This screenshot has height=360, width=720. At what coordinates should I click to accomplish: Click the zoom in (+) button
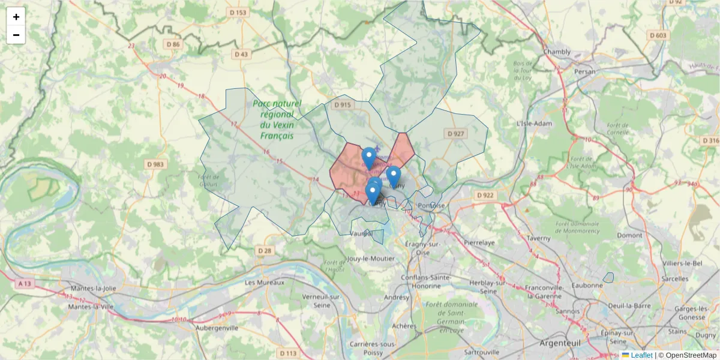(x=16, y=17)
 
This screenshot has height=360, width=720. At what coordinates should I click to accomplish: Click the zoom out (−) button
(x=16, y=35)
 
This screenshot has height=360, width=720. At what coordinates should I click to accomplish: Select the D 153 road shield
(x=238, y=13)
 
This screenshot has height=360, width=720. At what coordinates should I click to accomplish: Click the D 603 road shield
(x=658, y=35)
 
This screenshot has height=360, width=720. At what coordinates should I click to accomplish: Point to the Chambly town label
(x=557, y=52)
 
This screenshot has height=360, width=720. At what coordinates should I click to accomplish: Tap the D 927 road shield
(x=456, y=133)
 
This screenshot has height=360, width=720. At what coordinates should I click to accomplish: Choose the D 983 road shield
(x=155, y=164)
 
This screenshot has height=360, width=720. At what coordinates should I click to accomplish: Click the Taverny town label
(x=539, y=238)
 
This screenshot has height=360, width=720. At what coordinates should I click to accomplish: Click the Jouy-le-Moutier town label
(x=370, y=259)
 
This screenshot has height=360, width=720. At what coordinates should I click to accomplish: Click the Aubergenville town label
(x=222, y=328)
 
